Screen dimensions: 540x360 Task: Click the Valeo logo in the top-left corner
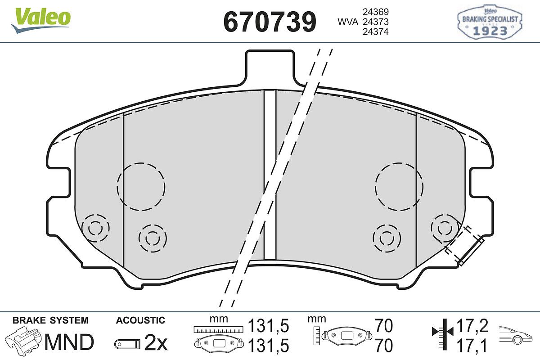coord(41,20)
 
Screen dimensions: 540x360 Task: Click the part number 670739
coord(270,22)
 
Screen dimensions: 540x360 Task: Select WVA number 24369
coord(376,12)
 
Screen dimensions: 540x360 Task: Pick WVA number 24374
coord(376,32)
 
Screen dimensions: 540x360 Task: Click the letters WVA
coord(348,22)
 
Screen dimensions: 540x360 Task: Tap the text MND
coord(69,342)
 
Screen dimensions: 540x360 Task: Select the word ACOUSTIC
coord(140,320)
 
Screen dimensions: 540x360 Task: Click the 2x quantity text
coord(156,343)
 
